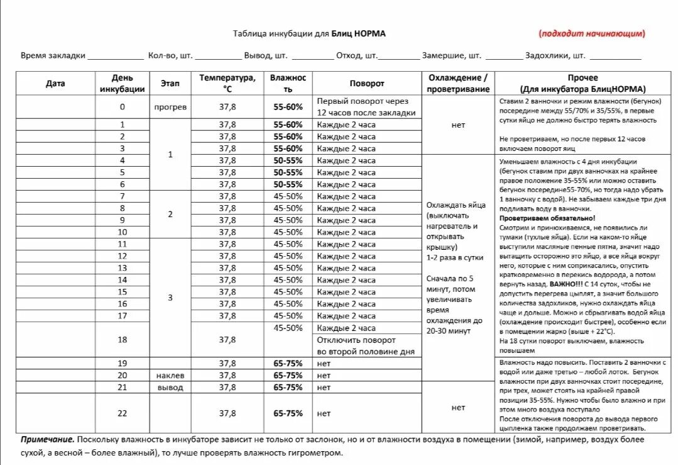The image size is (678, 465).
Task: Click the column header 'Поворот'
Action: [367, 83]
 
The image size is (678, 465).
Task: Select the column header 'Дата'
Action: [55, 83]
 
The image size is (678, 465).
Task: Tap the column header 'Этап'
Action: [170, 83]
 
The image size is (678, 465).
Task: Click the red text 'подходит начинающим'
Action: [591, 34]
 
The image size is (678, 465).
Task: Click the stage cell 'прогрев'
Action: [170, 107]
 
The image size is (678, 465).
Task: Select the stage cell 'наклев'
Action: [170, 375]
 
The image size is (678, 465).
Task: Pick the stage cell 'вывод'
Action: [170, 387]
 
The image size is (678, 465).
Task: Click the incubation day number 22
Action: [122, 413]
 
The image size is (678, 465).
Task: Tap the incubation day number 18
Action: [122, 340]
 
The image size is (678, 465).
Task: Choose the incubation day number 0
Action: [122, 107]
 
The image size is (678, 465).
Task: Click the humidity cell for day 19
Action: [288, 363]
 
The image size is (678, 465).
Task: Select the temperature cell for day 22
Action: [227, 413]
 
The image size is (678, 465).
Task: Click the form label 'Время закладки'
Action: [53, 55]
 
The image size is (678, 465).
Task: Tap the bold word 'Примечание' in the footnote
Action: [47, 439]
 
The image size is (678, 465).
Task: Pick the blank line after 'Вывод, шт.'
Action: [312, 57]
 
